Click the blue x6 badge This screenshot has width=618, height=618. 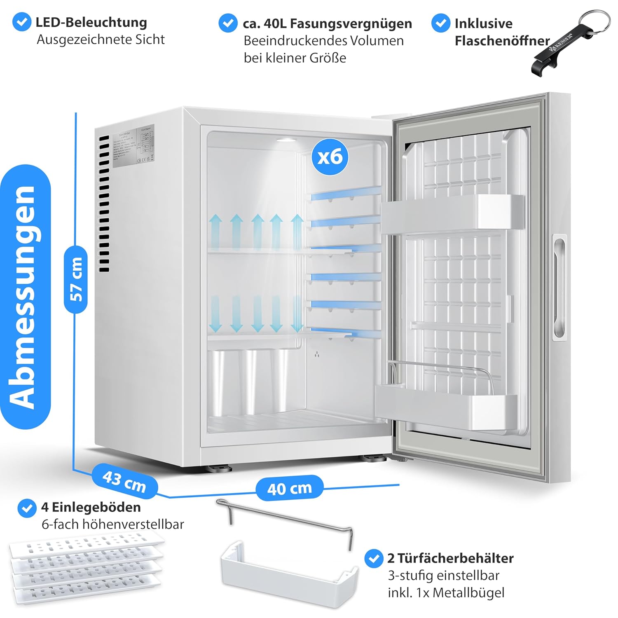(x=330, y=157)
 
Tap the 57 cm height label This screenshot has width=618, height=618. (x=76, y=279)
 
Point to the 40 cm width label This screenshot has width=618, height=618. (x=289, y=489)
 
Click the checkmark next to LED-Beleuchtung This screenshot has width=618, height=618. (x=22, y=22)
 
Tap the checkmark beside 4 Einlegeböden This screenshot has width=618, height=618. (x=27, y=508)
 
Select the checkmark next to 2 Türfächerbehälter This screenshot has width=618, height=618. (x=374, y=559)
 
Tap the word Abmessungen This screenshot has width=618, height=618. (x=26, y=297)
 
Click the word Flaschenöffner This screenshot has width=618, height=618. (x=502, y=41)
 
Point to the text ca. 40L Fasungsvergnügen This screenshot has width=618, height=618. (x=327, y=23)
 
